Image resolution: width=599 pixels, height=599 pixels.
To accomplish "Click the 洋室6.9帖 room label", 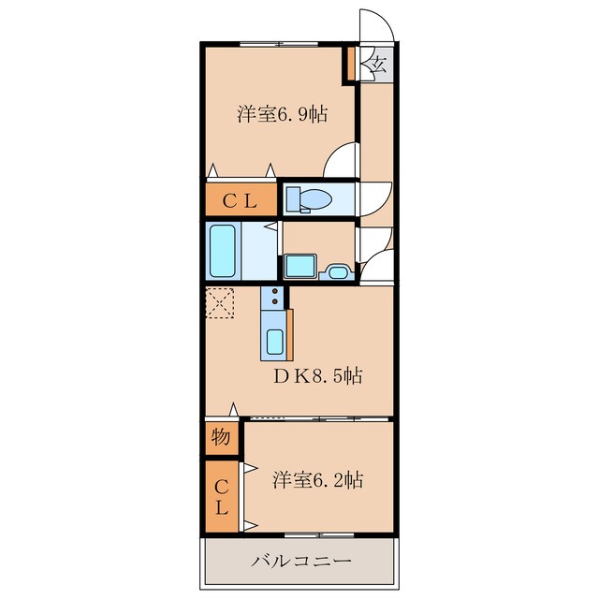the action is point(283,114).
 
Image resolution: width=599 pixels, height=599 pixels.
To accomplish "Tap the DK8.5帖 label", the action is point(317,376).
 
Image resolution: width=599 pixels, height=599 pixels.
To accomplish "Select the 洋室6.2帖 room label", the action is point(317,480).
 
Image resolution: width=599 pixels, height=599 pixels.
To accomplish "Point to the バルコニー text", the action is point(301,562).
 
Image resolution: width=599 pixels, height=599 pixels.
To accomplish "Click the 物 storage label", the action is point(221,436).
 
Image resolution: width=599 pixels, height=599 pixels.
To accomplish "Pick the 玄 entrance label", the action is point(377,64).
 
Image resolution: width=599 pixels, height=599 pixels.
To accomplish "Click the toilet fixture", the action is point(309,199).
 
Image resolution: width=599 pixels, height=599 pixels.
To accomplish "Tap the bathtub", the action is point(222,251).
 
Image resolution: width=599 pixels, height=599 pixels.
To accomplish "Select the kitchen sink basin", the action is point(275,342).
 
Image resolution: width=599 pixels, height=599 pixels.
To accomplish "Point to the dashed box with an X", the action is point(220,302).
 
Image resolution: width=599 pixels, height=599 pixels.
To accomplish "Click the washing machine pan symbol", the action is point(300,266).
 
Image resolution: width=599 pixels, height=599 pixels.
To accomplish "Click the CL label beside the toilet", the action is point(240,201).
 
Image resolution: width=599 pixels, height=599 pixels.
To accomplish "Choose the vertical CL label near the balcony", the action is point(221,497).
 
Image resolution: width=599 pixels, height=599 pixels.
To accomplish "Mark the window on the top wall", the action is point(279,44).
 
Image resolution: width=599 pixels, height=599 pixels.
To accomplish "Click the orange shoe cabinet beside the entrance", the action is point(351,64).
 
